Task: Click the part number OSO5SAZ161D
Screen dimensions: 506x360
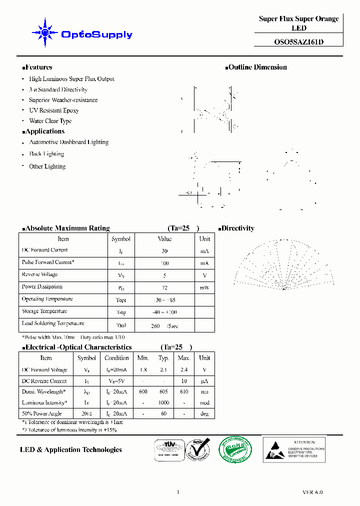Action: pos(298,42)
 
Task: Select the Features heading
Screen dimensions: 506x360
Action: pos(38,67)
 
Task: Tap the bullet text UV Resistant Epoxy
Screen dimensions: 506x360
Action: pos(53,110)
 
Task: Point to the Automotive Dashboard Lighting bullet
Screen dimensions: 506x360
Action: pos(68,142)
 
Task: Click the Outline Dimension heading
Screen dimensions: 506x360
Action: pos(257,67)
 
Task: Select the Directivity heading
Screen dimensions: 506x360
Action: pos(237,228)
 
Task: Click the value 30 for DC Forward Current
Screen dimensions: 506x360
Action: pos(164,251)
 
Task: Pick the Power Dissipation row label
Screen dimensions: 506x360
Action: pos(42,287)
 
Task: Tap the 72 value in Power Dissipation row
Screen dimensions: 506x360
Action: pos(164,288)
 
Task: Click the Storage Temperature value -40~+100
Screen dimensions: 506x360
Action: pos(164,312)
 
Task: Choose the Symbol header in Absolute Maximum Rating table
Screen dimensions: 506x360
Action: pos(121,239)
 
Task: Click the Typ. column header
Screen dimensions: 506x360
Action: pos(163,358)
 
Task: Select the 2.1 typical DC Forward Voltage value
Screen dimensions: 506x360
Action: pos(163,370)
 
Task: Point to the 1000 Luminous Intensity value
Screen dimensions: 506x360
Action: pos(163,403)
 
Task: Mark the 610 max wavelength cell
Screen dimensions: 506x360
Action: pos(184,392)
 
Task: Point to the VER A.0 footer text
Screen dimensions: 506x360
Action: pos(312,492)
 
